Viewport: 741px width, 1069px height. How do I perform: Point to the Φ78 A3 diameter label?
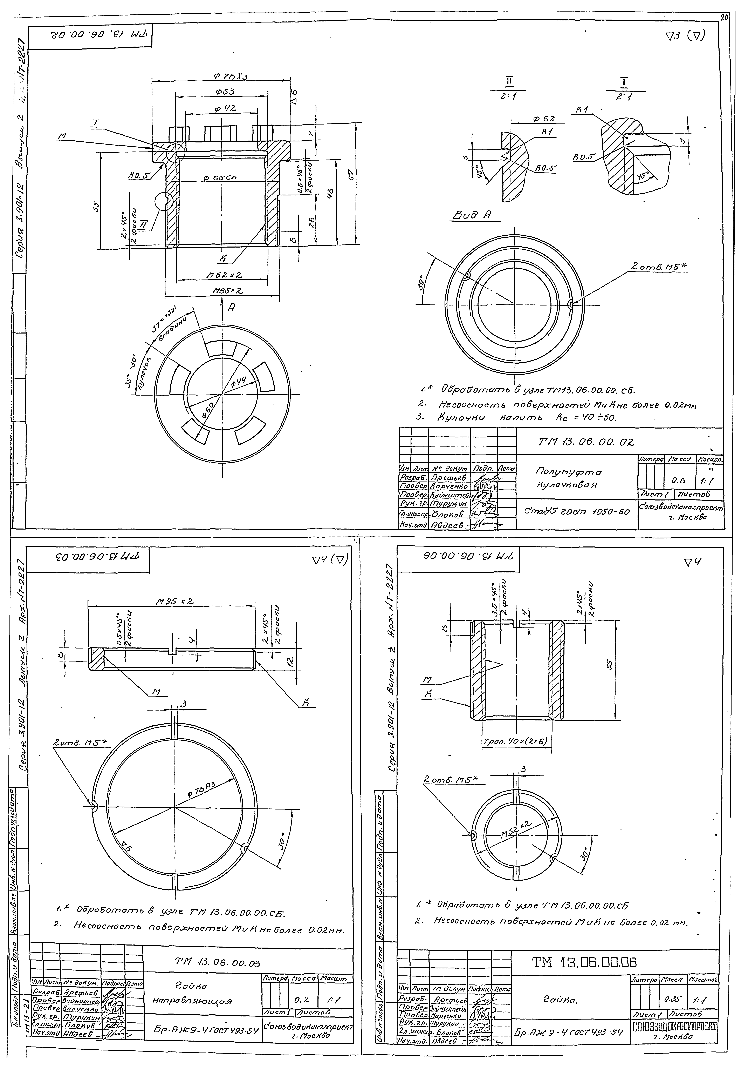[202, 789]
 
